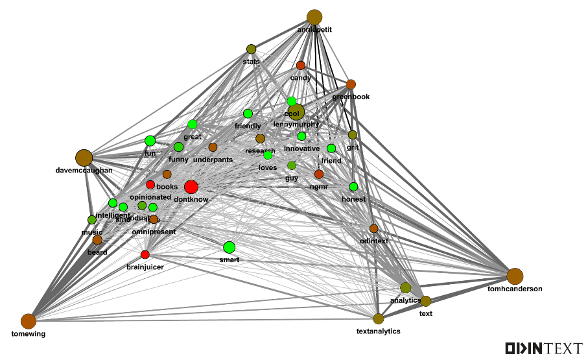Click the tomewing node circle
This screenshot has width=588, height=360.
point(28,321)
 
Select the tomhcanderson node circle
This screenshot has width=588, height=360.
point(515,276)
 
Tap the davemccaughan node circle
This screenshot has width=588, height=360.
point(84,158)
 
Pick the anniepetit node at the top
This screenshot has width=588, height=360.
point(314,18)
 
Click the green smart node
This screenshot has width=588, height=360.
point(229,247)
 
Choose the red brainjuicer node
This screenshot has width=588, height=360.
point(145,254)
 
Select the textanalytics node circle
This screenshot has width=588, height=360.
point(379,318)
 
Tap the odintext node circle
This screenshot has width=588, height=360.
point(373,228)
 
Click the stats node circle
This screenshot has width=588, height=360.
point(251,49)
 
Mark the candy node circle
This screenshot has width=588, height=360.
point(301,66)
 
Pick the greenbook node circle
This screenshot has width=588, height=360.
point(351,84)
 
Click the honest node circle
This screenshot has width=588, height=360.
point(353,187)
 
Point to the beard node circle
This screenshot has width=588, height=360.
point(97,240)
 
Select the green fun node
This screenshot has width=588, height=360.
point(150,141)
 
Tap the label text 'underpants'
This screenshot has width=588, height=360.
point(213,160)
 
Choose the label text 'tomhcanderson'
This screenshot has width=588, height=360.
point(515,289)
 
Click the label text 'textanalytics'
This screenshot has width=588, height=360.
point(379,331)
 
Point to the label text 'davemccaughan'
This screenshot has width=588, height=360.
point(84,171)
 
